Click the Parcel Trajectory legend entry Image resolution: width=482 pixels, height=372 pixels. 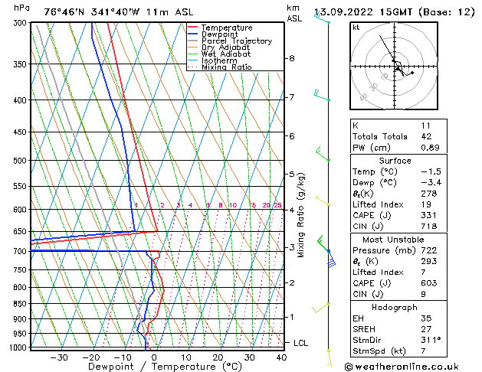236,41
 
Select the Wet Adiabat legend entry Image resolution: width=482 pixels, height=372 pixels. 225,54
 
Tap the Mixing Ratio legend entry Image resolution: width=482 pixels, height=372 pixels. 226,67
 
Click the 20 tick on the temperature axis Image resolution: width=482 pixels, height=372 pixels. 218,357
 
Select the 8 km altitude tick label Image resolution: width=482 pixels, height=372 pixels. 292,58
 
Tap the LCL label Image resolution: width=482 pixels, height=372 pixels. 300,343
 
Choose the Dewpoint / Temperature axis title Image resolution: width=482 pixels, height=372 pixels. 153,367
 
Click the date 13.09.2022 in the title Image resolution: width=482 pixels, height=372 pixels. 349,11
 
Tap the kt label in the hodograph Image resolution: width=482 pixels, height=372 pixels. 356,28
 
